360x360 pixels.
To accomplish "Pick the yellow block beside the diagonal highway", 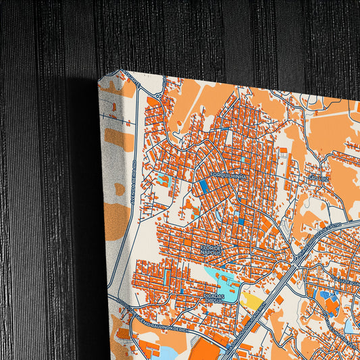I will tap(253, 300).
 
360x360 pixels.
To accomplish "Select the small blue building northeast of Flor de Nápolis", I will tap(241, 222).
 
